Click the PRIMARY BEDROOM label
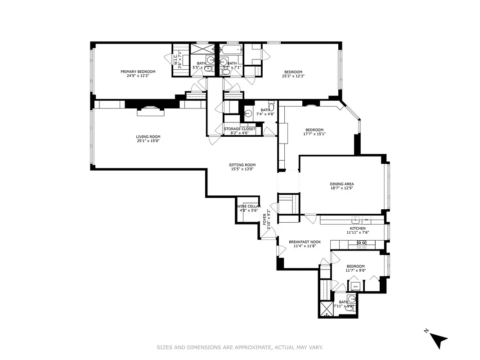tap(138, 72)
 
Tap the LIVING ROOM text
tap(148, 137)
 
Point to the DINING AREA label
tap(342, 184)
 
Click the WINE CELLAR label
tap(248, 206)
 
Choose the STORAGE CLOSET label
tap(239, 129)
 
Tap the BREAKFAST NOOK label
tap(305, 242)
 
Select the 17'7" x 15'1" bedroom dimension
tap(314, 134)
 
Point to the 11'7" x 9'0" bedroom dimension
tap(355, 270)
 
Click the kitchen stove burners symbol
tap(361, 244)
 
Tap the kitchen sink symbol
tap(356, 220)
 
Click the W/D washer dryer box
tap(355, 286)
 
